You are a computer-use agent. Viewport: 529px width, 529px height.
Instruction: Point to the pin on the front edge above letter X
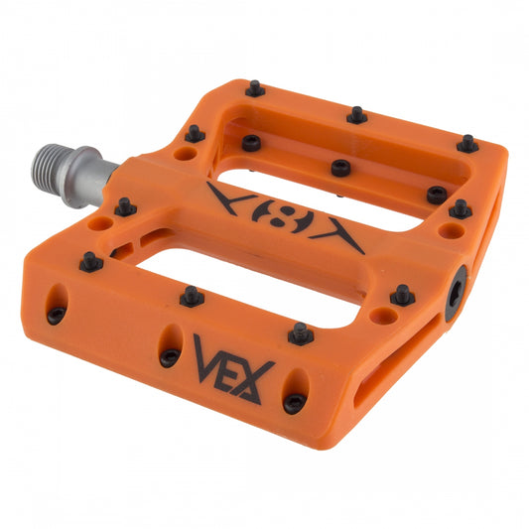pyautogui.click(x=300, y=333)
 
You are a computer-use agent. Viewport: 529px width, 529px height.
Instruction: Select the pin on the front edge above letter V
pyautogui.click(x=193, y=295)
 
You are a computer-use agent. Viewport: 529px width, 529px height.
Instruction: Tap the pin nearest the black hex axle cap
pyautogui.click(x=402, y=295)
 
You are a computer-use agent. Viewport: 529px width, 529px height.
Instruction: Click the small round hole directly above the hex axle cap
pyautogui.click(x=452, y=231)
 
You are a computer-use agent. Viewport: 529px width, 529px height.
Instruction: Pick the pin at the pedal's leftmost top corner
pyautogui.click(x=90, y=262)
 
